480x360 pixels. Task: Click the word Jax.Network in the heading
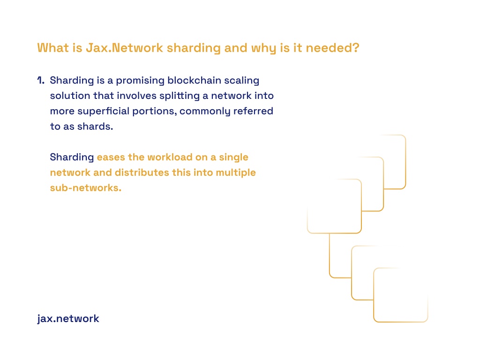pyautogui.click(x=124, y=48)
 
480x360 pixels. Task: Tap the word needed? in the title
pyautogui.click(x=332, y=48)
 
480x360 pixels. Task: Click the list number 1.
pyautogui.click(x=41, y=80)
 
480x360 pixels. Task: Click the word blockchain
pyautogui.click(x=195, y=80)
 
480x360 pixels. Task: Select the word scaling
pyautogui.click(x=241, y=81)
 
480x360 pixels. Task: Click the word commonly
pyautogui.click(x=205, y=112)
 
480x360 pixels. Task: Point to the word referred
pyautogui.click(x=253, y=111)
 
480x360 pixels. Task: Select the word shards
pyautogui.click(x=95, y=126)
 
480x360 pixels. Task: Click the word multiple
pyautogui.click(x=236, y=172)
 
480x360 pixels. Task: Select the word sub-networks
pyautogui.click(x=86, y=187)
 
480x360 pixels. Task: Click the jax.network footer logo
pyautogui.click(x=68, y=319)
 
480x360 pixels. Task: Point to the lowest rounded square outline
pyautogui.click(x=401, y=322)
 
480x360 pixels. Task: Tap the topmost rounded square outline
pyautogui.click(x=405, y=162)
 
